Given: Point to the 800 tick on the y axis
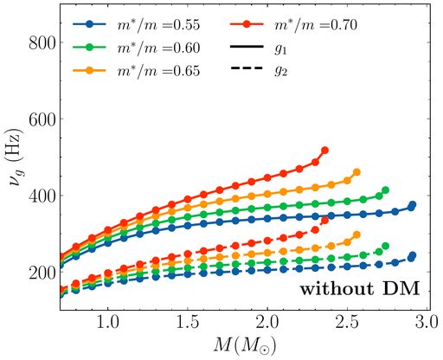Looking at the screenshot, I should (x=42, y=42).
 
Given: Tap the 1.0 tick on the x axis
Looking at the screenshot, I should (x=107, y=322).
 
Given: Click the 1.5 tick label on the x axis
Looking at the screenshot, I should (x=187, y=322).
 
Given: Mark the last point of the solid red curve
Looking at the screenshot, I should (x=324, y=151).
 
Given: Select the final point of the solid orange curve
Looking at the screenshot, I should (x=356, y=172).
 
